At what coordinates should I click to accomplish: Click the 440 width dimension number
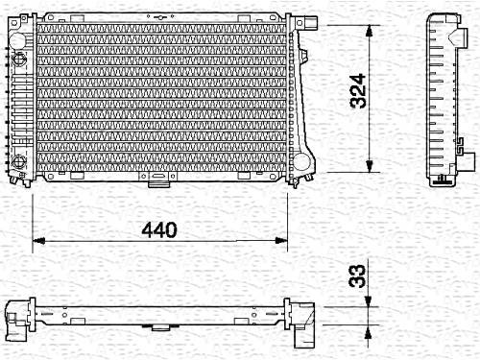pyautogui.click(x=159, y=229)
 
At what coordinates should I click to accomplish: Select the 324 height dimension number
pyautogui.click(x=358, y=91)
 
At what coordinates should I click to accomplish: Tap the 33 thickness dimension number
pyautogui.click(x=357, y=276)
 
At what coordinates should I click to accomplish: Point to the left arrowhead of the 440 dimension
pyautogui.click(x=38, y=241)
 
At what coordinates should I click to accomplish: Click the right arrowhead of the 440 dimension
pyautogui.click(x=281, y=241)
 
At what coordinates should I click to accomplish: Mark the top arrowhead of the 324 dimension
pyautogui.click(x=370, y=32)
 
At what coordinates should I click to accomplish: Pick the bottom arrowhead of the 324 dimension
pyautogui.click(x=370, y=166)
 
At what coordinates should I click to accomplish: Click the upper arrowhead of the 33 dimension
pyautogui.click(x=369, y=300)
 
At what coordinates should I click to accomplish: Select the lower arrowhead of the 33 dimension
pyautogui.click(x=369, y=331)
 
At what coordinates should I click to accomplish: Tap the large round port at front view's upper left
pyautogui.click(x=17, y=40)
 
